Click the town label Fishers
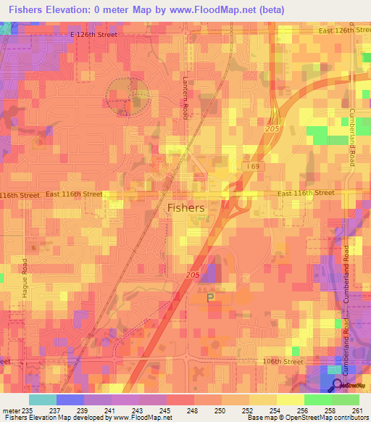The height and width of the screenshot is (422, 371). click(x=185, y=207)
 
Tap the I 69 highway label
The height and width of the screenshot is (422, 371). click(x=252, y=167)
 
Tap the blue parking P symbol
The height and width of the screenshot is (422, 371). click(x=211, y=297)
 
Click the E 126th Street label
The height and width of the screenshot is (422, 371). click(x=93, y=34)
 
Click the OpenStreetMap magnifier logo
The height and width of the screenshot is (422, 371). click(x=338, y=385)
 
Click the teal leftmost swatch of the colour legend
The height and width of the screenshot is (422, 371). click(x=42, y=400)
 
